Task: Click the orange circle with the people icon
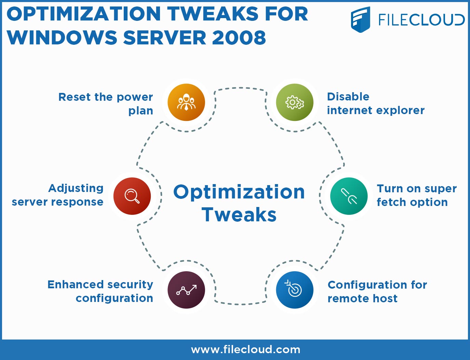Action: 186,102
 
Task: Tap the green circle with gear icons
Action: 295,102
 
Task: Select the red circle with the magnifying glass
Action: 132,196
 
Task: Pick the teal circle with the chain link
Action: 349,196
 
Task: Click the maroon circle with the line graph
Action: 186,290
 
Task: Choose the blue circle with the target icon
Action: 295,290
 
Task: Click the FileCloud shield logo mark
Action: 360,20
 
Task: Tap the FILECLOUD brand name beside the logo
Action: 421,20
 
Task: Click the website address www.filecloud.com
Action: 246,349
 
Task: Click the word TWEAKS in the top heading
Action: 213,14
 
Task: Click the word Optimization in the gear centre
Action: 239,192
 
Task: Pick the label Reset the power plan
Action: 106,104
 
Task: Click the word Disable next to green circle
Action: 348,97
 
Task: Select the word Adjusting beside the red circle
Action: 76,188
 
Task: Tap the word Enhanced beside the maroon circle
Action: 76,285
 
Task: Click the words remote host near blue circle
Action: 363,299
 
